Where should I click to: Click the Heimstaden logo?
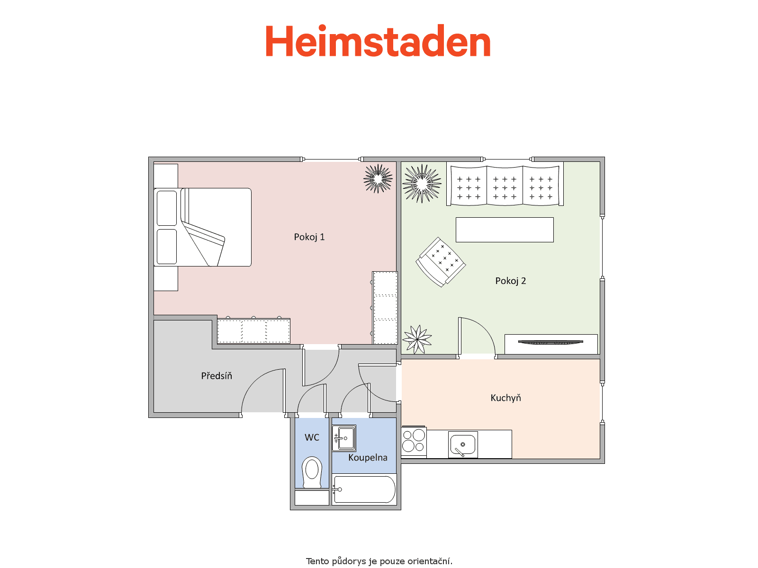[378, 41]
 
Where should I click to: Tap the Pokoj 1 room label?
[309, 237]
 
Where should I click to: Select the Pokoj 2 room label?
[510, 281]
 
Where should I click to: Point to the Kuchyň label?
[505, 398]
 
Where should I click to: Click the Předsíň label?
[217, 375]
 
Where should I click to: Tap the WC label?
[312, 437]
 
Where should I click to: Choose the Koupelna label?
[368, 457]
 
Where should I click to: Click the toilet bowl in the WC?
[312, 472]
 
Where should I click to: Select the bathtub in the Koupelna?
[364, 489]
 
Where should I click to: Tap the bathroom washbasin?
[344, 438]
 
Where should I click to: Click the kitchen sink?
[463, 444]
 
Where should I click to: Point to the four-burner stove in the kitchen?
[414, 442]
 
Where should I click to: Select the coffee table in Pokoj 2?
[505, 230]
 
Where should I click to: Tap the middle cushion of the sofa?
[505, 186]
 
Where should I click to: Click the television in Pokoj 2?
[550, 342]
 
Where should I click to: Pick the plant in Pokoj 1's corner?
[378, 178]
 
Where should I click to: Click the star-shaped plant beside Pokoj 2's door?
[417, 339]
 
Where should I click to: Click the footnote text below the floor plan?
[379, 561]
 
